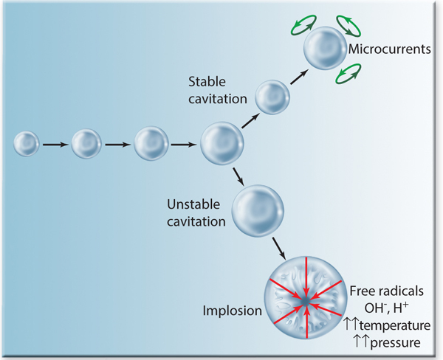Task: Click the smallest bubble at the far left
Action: point(27,144)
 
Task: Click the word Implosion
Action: point(232,310)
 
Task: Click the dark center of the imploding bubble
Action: point(305,302)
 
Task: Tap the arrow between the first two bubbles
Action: point(55,145)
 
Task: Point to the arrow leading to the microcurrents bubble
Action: point(298,75)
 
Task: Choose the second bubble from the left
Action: point(86,144)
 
